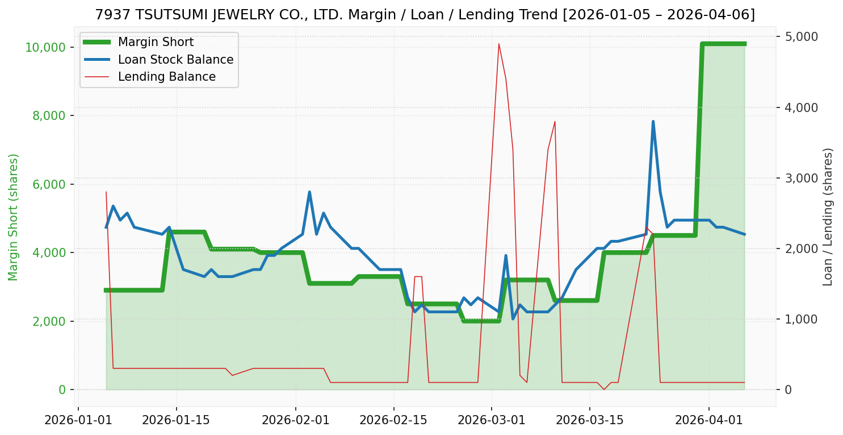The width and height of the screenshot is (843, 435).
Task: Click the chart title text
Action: (425, 15)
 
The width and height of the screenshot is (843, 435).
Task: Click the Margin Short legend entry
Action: (156, 42)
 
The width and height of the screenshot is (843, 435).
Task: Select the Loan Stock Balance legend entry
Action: (175, 60)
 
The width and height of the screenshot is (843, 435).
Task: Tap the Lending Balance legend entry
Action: (166, 77)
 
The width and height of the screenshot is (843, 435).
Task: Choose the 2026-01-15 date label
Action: (176, 421)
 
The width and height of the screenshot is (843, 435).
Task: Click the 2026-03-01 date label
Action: (491, 421)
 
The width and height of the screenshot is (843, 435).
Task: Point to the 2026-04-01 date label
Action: (709, 421)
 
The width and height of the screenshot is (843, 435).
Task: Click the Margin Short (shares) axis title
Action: (14, 217)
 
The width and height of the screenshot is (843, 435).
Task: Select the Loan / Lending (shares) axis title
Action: (828, 217)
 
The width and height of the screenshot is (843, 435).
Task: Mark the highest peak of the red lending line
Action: (498, 44)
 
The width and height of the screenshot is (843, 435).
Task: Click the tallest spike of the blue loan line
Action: (653, 122)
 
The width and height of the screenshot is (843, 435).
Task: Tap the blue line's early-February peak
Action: (309, 192)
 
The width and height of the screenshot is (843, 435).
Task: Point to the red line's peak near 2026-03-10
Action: (555, 122)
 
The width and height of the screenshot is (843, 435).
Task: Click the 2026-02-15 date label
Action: (393, 421)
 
